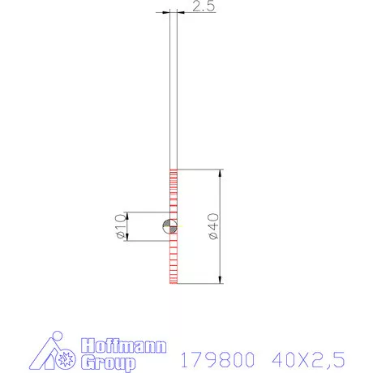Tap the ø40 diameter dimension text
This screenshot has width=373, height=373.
[213, 226]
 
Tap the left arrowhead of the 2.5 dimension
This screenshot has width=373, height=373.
[166, 12]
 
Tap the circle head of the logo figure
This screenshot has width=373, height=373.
[54, 337]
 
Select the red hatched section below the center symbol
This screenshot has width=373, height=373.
[173, 259]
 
